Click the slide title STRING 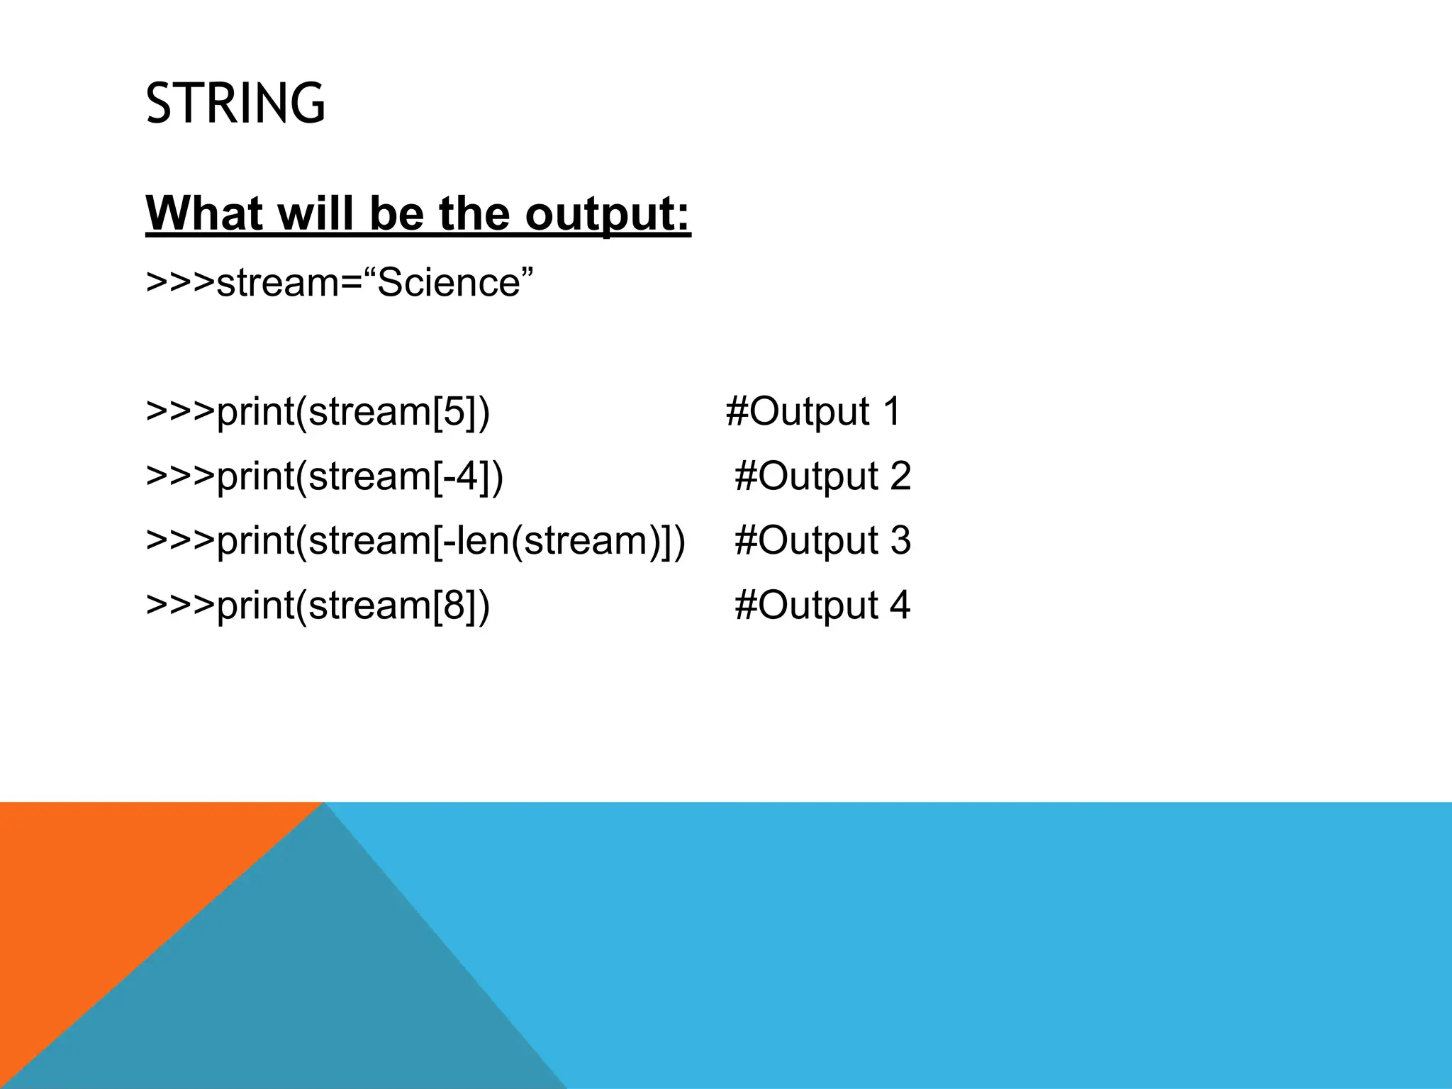pos(235,104)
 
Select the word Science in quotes pos(449,282)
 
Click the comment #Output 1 pos(813,411)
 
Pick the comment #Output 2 pos(822,476)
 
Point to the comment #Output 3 pos(822,540)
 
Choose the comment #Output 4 pos(822,605)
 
